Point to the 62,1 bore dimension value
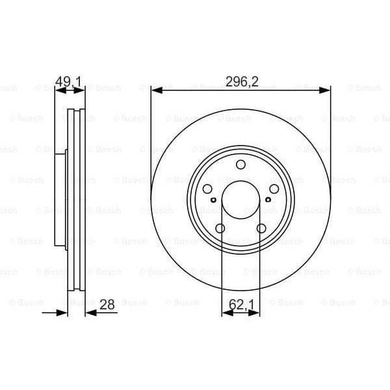point(241,304)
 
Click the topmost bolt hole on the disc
point(240,164)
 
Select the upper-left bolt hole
point(207,189)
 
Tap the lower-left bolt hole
point(220,228)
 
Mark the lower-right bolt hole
point(261,228)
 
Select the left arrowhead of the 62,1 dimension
point(225,313)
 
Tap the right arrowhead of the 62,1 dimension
point(256,313)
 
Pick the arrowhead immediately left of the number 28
point(90,313)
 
